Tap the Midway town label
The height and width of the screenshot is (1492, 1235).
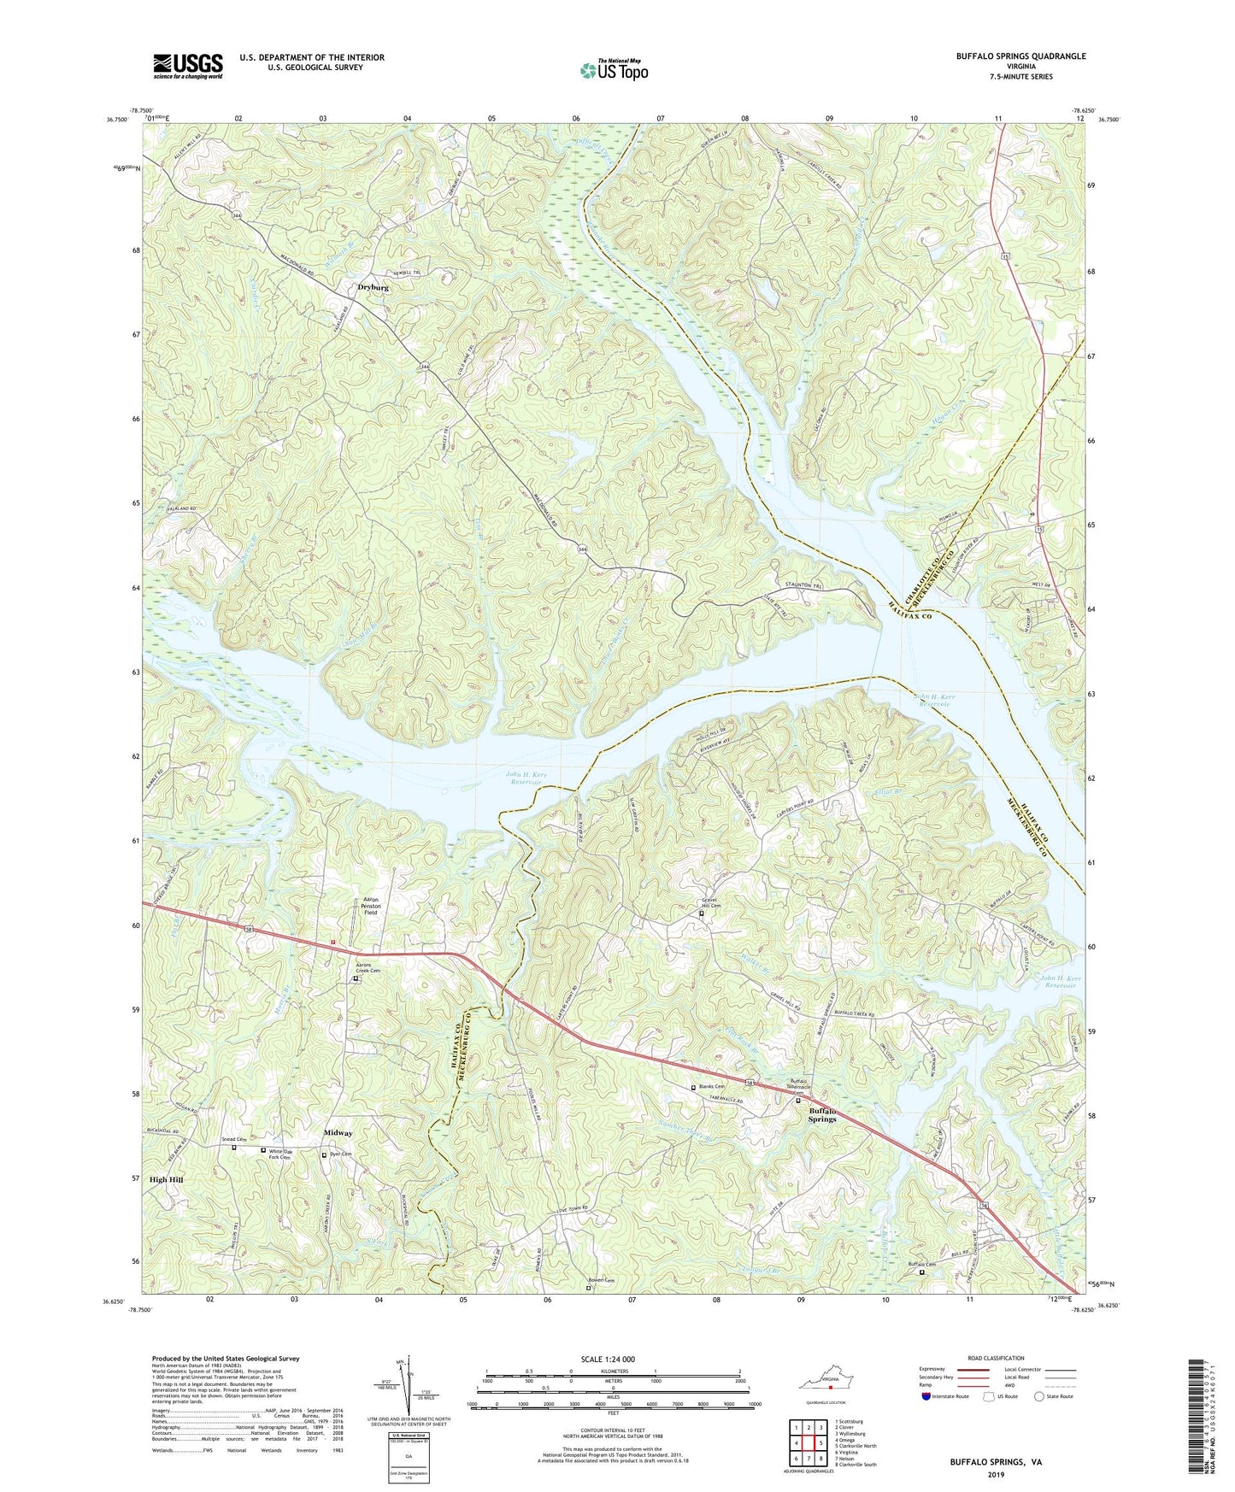tap(338, 1133)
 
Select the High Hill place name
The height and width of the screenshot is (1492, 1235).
tap(166, 1179)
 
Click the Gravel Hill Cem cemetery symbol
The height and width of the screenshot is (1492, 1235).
tap(703, 913)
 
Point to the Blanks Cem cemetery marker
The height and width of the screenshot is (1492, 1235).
tap(693, 1088)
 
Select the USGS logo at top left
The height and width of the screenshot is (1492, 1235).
tap(188, 65)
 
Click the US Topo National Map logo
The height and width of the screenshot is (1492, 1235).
tap(613, 69)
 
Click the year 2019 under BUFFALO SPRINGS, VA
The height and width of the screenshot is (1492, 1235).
tap(996, 1474)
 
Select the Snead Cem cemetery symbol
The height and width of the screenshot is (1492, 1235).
tap(234, 1148)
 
